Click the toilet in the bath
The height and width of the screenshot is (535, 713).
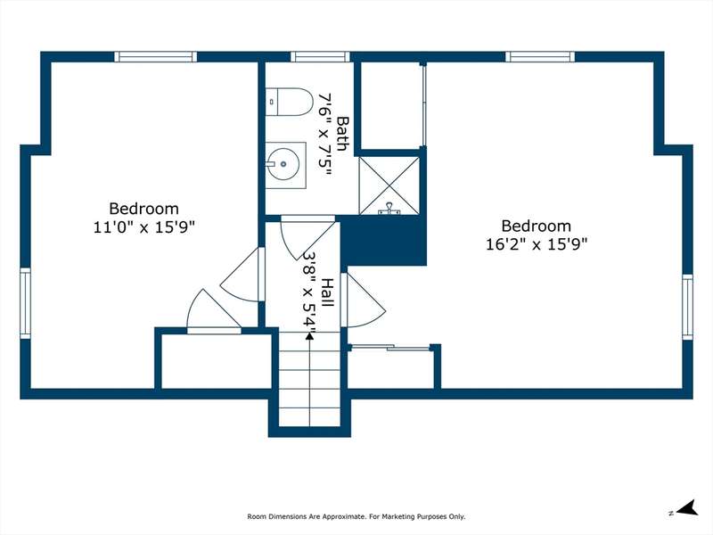tap(289, 102)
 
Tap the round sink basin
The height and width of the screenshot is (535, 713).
tap(283, 164)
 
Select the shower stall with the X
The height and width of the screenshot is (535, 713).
tap(389, 185)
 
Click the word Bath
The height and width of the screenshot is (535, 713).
tap(343, 135)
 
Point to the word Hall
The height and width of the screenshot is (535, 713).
tap(327, 292)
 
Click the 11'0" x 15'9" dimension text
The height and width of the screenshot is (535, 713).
tap(144, 227)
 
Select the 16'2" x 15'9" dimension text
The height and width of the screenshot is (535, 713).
tap(537, 244)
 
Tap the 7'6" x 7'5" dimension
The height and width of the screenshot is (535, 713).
tap(325, 136)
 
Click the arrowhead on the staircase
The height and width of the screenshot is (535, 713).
tap(309, 336)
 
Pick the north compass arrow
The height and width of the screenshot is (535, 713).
tap(687, 507)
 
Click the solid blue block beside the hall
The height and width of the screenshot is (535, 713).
tap(383, 241)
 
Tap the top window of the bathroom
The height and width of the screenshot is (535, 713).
tap(320, 56)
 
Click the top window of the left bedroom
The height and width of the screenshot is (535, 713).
tap(155, 56)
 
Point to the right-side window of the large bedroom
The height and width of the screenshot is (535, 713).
tap(687, 307)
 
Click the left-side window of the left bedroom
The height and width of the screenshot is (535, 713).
tap(26, 303)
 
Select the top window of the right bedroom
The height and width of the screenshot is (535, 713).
tap(540, 56)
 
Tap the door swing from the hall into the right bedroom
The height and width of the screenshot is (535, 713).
tap(364, 300)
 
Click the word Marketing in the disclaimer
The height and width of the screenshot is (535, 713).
tap(397, 516)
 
